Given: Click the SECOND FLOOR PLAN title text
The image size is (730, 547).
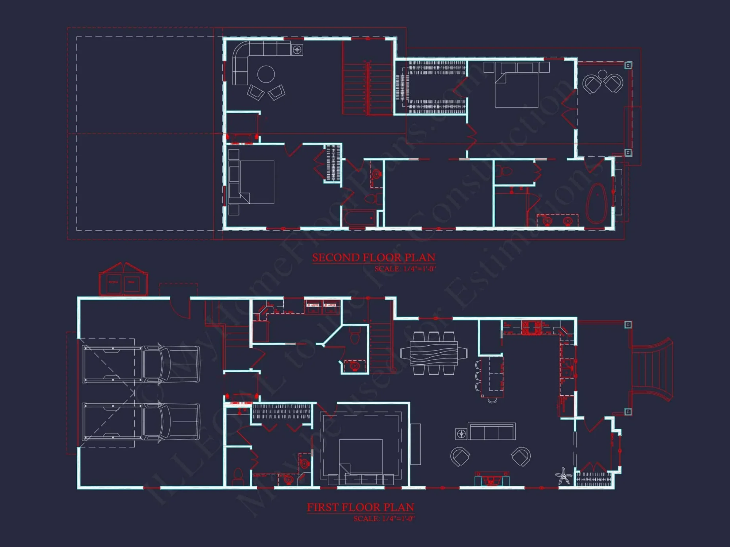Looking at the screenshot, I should click(373, 257).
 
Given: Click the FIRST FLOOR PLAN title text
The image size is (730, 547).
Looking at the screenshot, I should click(360, 507).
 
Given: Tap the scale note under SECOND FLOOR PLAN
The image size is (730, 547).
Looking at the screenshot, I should click(405, 269).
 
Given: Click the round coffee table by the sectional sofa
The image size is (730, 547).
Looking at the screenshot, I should click(266, 74).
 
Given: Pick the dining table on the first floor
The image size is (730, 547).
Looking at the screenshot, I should click(433, 353).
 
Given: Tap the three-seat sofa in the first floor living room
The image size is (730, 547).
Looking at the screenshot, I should click(491, 431).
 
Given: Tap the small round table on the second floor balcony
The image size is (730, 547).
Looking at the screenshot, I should click(603, 74).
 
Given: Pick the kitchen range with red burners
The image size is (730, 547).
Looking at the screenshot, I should click(531, 327).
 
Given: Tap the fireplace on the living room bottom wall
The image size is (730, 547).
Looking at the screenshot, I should click(491, 479).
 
